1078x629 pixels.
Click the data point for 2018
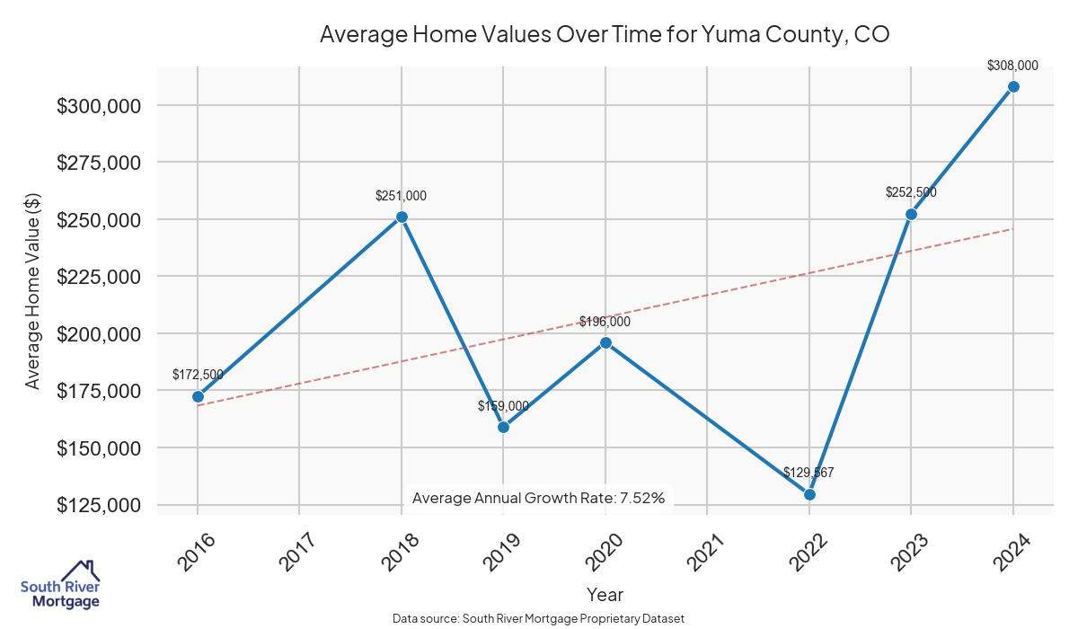click(x=402, y=217)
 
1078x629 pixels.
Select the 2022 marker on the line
click(x=809, y=494)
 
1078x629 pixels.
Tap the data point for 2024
click(x=1013, y=86)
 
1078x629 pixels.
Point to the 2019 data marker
click(x=503, y=427)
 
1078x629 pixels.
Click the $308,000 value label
click(x=1012, y=66)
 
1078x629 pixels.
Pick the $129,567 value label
click(x=808, y=473)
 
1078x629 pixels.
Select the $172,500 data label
click(x=198, y=375)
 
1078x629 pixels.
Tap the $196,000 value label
click(x=605, y=322)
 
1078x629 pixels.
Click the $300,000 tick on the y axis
click(x=100, y=106)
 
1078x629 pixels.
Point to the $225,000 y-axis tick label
click(x=100, y=277)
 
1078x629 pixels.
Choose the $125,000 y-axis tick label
click(x=100, y=505)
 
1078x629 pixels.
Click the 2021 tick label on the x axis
click(x=705, y=552)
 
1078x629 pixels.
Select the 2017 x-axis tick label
click(x=297, y=552)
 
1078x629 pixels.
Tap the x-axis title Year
click(x=605, y=595)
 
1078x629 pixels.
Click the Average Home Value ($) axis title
click(x=33, y=290)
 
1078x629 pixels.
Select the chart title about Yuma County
click(x=605, y=35)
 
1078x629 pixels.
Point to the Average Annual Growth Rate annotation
click(x=538, y=498)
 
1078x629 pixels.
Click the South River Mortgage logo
click(x=60, y=586)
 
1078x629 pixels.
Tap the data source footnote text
click(x=538, y=619)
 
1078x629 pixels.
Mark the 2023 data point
click(x=911, y=214)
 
